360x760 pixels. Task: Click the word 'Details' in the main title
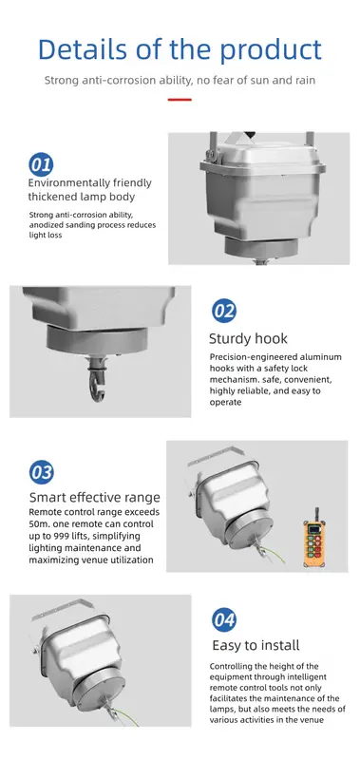point(84,49)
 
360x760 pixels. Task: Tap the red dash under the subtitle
point(180,100)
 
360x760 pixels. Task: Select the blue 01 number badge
point(41,163)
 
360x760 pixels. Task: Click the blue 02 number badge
point(223,310)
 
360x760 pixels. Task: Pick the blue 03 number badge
point(42,472)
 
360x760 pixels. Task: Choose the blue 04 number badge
point(223,620)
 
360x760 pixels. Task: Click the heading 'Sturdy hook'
point(248,337)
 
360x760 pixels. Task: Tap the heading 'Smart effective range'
point(94,497)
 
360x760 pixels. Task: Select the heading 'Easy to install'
point(255,646)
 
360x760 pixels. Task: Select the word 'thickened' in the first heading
point(57,197)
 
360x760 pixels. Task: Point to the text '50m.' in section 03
point(41,524)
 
